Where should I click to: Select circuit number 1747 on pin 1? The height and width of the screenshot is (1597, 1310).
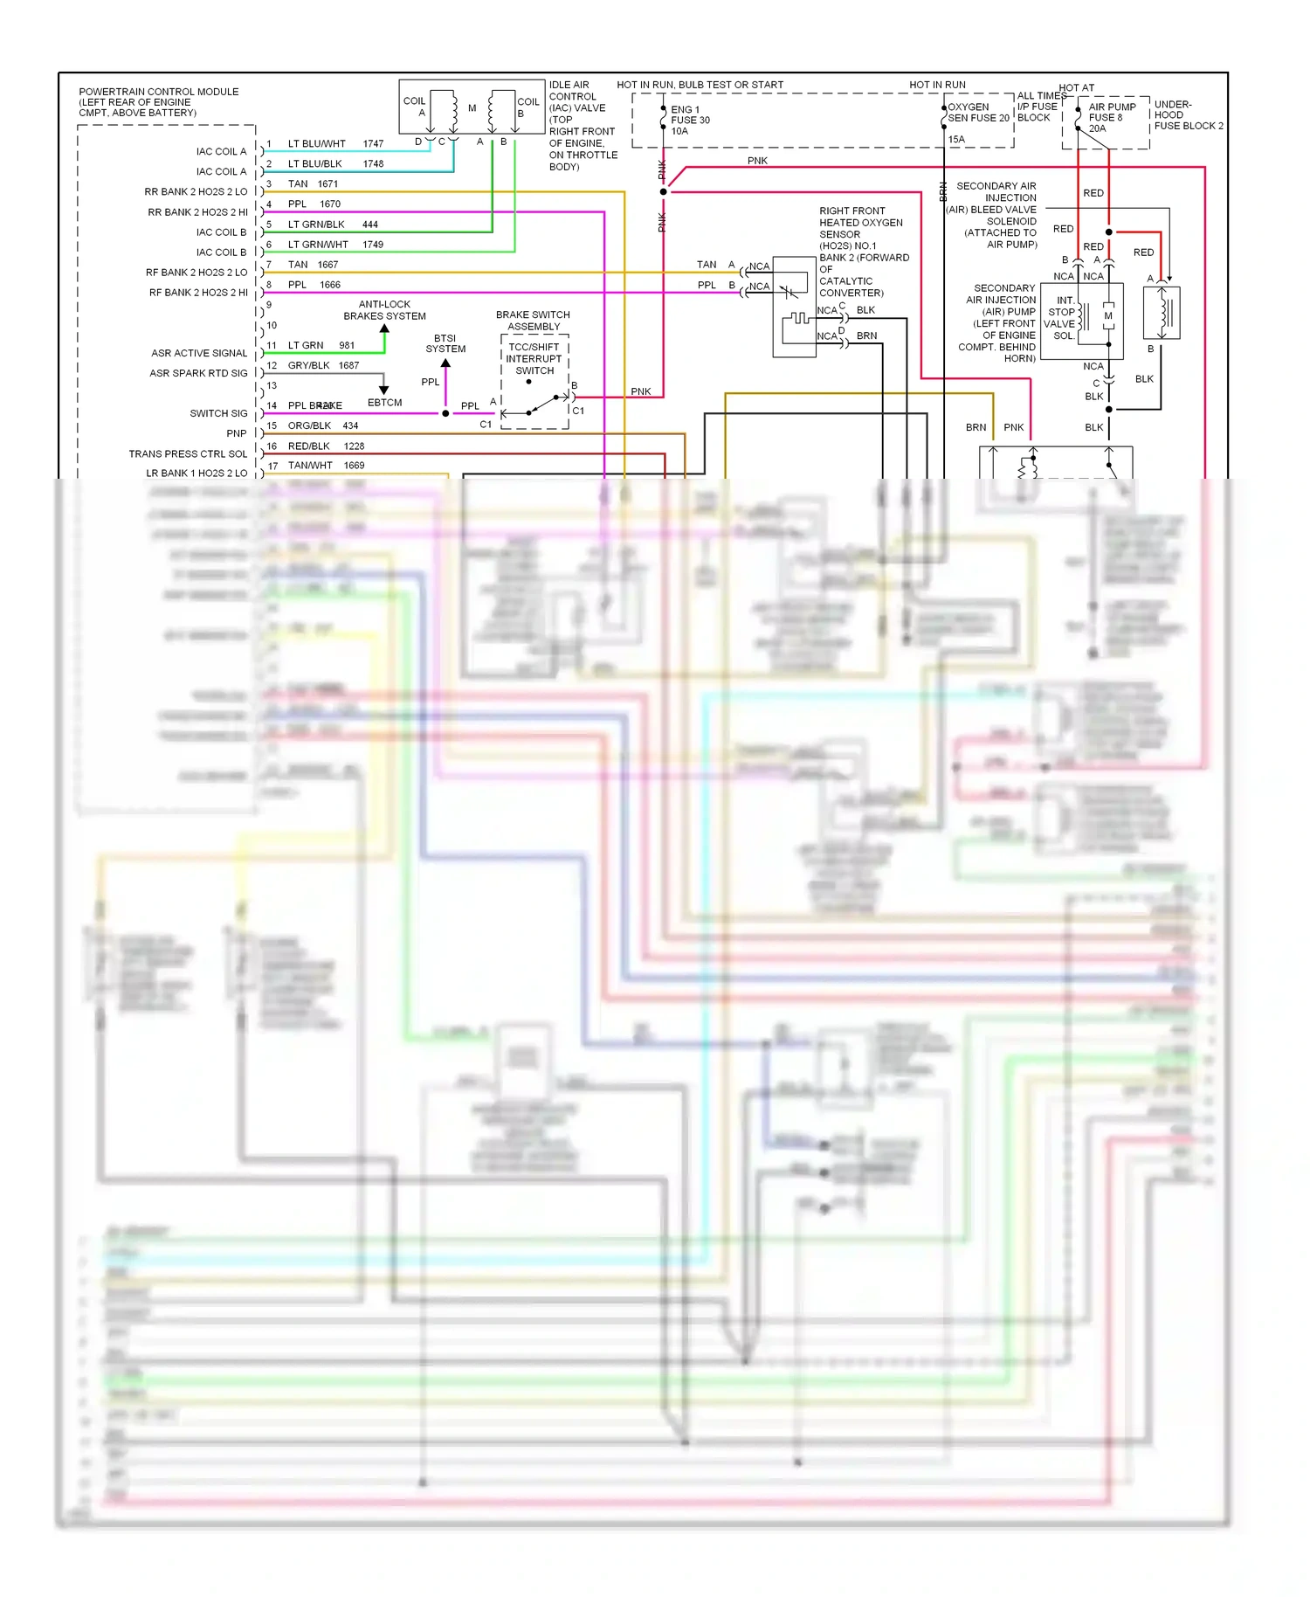tap(373, 143)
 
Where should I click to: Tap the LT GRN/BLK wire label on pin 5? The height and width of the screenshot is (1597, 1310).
tap(316, 225)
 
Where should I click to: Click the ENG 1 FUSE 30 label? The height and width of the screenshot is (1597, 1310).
tap(690, 120)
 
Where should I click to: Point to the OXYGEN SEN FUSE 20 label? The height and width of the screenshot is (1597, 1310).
tap(978, 113)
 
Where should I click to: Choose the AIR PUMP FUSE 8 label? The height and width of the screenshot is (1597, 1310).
tap(1112, 117)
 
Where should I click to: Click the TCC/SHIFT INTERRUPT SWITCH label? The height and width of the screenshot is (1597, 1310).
tap(534, 358)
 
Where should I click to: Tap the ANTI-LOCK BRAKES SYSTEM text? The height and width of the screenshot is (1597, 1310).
tap(384, 310)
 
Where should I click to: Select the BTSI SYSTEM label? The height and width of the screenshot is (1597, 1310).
tap(445, 343)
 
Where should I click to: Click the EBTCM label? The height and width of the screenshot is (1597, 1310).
tap(384, 403)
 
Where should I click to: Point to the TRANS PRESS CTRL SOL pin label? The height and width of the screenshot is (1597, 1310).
tap(188, 453)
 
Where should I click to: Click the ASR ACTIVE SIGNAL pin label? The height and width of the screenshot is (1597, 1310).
tap(199, 353)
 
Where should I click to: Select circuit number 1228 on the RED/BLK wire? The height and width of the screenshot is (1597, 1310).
tap(354, 446)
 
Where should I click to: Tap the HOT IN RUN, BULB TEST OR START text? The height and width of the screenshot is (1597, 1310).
tap(700, 85)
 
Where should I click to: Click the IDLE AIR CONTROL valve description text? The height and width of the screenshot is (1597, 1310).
tap(583, 126)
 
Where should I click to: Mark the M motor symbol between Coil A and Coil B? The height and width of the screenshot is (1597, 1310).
tap(472, 108)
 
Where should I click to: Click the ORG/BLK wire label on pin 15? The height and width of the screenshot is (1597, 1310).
tap(309, 425)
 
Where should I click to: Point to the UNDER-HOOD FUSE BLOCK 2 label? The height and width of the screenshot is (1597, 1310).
tap(1188, 115)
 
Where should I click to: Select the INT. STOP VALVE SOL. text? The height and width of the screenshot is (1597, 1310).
tap(1063, 318)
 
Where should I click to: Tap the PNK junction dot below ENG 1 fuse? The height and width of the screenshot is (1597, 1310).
tap(663, 191)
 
